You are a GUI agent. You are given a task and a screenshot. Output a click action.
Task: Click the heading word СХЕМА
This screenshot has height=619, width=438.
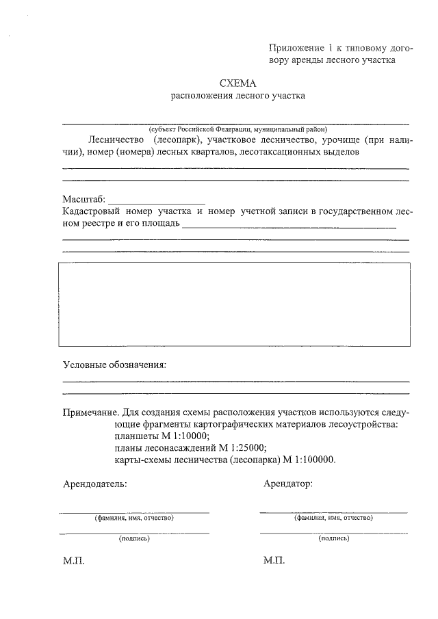click(237, 83)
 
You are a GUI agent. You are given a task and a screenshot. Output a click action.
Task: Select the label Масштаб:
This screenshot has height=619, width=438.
click(84, 199)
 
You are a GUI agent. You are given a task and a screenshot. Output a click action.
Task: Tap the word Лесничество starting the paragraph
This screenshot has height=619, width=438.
click(114, 140)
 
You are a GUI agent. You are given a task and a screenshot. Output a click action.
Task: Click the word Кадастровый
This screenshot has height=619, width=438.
click(92, 211)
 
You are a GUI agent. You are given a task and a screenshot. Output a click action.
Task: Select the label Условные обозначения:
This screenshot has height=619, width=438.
click(114, 365)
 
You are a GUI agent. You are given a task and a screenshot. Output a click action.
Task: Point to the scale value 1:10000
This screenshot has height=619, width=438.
click(190, 436)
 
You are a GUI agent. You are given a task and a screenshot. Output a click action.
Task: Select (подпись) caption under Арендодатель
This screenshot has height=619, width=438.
click(133, 538)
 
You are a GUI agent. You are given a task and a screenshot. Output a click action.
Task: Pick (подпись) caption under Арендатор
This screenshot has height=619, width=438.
click(333, 538)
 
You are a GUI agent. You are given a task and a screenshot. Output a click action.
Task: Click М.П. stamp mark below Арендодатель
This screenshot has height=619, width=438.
click(73, 560)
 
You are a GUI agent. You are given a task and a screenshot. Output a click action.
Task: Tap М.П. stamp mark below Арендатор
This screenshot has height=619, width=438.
click(274, 560)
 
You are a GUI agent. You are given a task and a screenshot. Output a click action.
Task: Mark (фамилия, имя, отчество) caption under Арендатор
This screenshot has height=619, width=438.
click(333, 518)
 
